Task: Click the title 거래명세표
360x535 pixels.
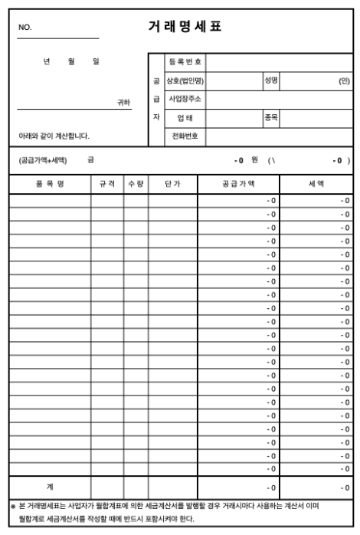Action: (x=184, y=27)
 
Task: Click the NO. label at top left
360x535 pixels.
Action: (x=25, y=28)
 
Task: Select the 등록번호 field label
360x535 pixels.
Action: (x=185, y=61)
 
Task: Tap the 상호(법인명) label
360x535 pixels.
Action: (x=185, y=80)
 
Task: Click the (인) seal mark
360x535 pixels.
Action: (x=344, y=80)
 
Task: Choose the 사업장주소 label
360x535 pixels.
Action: (x=185, y=99)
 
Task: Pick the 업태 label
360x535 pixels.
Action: (x=185, y=118)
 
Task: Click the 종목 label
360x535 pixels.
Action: (x=270, y=117)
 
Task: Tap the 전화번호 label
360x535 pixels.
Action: (x=185, y=136)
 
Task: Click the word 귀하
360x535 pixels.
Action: (x=123, y=101)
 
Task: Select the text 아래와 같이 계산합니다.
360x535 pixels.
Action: (x=54, y=136)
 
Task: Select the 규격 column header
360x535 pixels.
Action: (x=106, y=185)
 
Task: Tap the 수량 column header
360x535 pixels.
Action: (x=137, y=185)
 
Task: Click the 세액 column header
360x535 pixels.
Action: (x=316, y=185)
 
